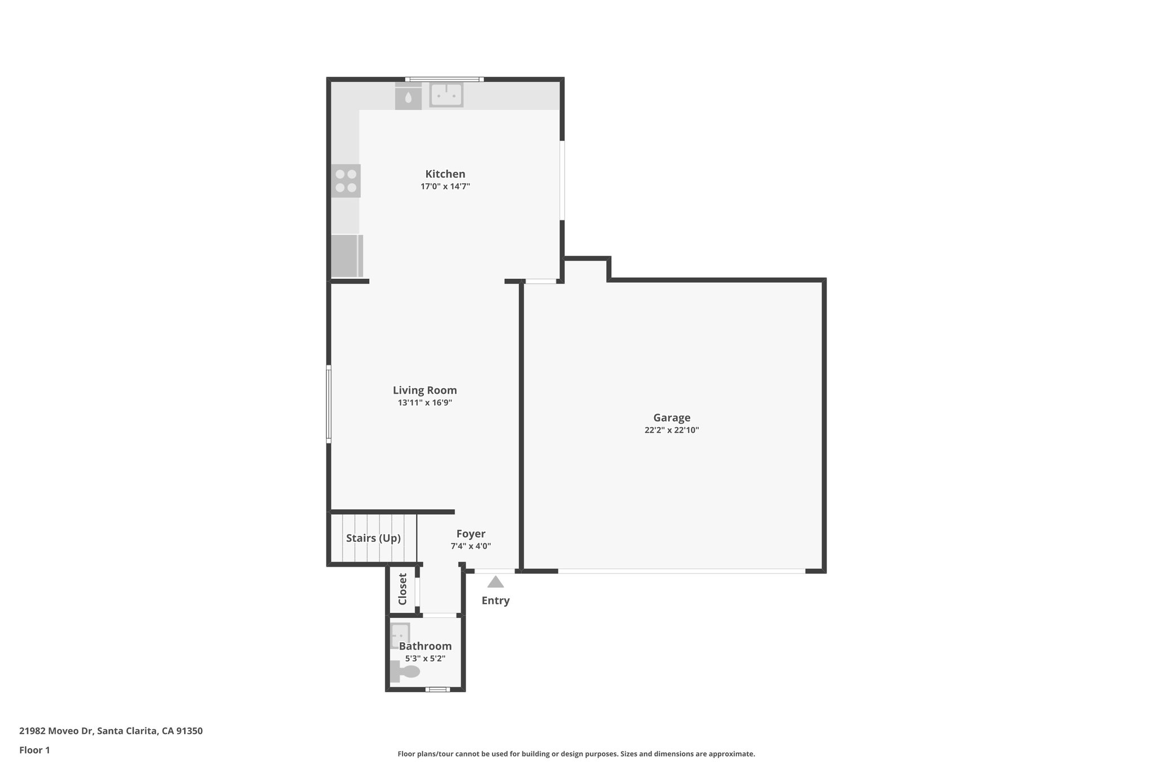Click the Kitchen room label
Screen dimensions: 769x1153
445,174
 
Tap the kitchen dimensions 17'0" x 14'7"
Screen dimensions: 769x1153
445,186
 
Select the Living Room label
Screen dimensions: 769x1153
424,390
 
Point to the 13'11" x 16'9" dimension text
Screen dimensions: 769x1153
424,403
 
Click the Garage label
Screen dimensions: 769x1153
672,417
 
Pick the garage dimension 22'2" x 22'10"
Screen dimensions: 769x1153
672,430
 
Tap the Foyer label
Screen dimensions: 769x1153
471,534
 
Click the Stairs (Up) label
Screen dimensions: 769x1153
373,538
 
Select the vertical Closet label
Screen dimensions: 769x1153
403,589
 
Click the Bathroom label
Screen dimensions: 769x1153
425,646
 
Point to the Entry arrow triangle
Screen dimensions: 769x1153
495,582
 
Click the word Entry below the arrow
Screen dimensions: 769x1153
495,601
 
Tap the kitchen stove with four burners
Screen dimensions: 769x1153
346,181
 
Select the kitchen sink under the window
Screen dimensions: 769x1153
446,95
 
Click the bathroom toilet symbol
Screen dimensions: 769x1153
405,672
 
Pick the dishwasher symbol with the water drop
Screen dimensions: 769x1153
408,97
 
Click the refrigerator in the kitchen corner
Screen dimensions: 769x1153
346,256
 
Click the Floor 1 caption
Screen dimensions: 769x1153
34,750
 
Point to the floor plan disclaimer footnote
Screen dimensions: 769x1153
576,754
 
